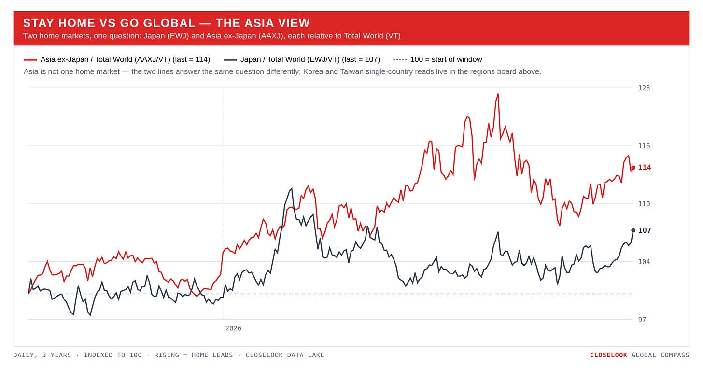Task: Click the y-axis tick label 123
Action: (x=644, y=88)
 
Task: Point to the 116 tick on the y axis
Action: (x=644, y=146)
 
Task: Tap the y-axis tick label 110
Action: (x=644, y=204)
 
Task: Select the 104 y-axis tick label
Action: (x=644, y=262)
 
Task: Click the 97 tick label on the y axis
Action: (x=642, y=320)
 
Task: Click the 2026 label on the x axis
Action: (x=233, y=328)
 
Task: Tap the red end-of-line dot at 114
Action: (x=633, y=168)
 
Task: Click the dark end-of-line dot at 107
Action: (x=633, y=230)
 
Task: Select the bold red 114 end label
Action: (x=645, y=168)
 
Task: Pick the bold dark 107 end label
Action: (x=645, y=230)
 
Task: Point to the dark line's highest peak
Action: (x=292, y=188)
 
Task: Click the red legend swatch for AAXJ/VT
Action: (x=30, y=60)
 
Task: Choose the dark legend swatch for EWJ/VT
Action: (x=230, y=60)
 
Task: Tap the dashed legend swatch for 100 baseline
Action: (x=400, y=60)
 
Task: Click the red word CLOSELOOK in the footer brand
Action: (x=608, y=355)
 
